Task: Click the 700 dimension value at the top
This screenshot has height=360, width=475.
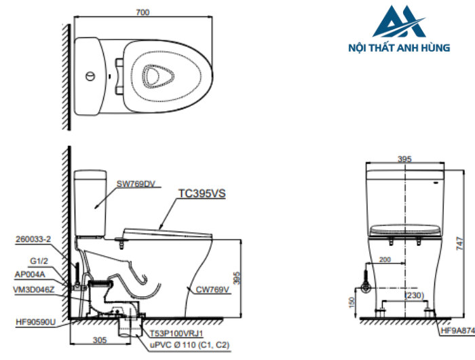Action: tap(142, 12)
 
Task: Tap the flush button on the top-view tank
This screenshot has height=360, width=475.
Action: tap(89, 75)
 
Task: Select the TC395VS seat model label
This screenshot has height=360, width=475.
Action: tap(202, 194)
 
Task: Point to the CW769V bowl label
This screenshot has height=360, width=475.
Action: tap(214, 290)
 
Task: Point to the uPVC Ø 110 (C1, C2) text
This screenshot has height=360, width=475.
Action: tap(189, 346)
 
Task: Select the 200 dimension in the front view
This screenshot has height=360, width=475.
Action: tap(385, 259)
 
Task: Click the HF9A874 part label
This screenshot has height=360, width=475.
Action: tap(457, 331)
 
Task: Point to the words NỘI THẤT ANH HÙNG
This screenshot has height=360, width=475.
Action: tap(398, 48)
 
